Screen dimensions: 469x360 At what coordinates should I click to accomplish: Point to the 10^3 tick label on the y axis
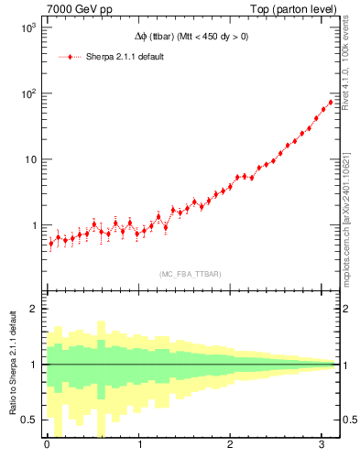27,28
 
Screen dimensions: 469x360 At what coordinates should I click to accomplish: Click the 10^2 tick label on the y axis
27,93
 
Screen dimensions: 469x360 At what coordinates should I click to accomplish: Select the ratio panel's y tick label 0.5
28,420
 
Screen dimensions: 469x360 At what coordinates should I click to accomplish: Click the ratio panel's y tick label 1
32,365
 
